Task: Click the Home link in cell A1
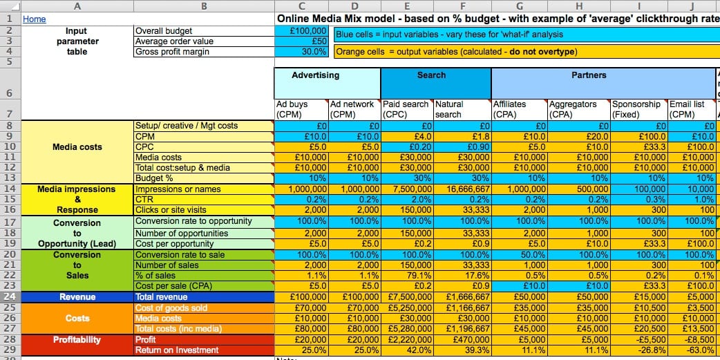click(x=35, y=19)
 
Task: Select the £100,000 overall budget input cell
click(x=301, y=31)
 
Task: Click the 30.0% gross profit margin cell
click(x=301, y=52)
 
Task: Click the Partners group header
click(x=589, y=75)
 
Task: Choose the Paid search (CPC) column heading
click(x=406, y=109)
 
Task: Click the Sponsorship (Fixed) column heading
click(x=637, y=109)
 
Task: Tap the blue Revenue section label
click(x=77, y=297)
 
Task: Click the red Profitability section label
click(x=77, y=340)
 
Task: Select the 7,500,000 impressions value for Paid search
click(x=407, y=189)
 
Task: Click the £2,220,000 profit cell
click(x=407, y=340)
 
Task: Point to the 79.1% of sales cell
click(x=407, y=276)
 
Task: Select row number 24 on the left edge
click(x=10, y=297)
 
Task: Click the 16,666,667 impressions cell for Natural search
click(x=462, y=189)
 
